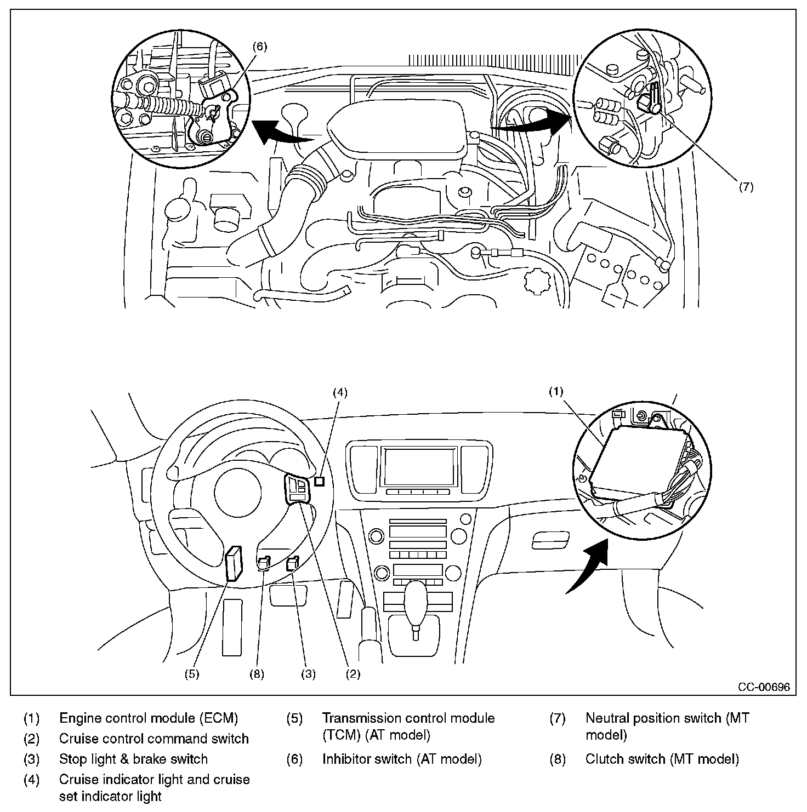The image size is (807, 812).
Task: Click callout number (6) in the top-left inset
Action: [x=260, y=47]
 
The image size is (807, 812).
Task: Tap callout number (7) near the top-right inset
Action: [x=746, y=186]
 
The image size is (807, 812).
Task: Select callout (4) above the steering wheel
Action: [x=341, y=392]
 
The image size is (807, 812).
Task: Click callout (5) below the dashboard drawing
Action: [x=191, y=674]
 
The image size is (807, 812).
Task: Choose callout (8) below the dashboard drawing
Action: [x=257, y=674]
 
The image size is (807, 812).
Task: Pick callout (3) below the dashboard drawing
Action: [x=308, y=674]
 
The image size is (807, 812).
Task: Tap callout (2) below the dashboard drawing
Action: [x=353, y=674]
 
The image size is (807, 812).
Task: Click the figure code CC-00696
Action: [x=764, y=687]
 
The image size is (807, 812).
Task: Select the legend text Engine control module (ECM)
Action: [x=149, y=718]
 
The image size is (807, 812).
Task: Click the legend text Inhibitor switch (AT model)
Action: [x=402, y=759]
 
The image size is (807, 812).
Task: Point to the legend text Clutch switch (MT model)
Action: [x=662, y=759]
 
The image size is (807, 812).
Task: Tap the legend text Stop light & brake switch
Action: [x=133, y=759]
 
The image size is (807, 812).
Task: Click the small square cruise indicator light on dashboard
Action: [x=320, y=482]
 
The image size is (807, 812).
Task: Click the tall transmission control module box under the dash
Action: [x=234, y=563]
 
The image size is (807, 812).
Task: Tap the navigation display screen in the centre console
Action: [x=419, y=466]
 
